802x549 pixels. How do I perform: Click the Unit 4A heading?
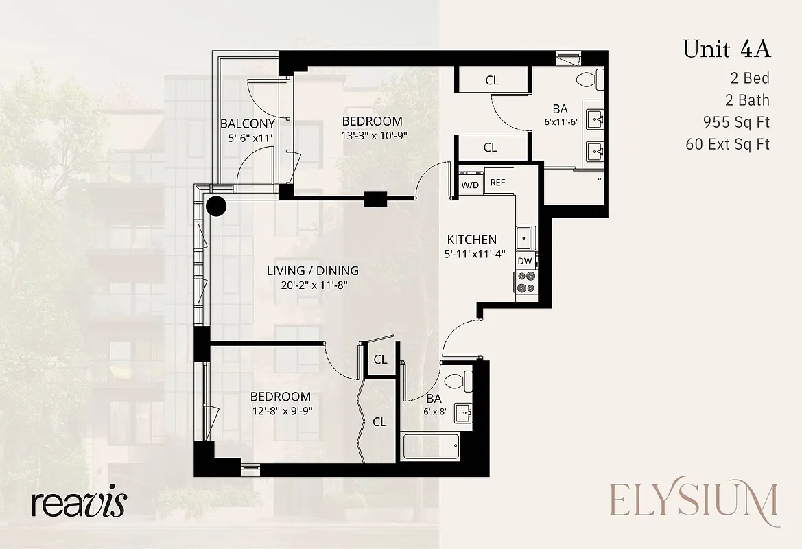726,49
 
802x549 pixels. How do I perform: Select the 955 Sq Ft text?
736,123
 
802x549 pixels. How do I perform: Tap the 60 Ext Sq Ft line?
727,144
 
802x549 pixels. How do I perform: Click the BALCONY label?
248,124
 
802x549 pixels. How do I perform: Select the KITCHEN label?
471,240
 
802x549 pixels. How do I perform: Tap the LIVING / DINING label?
312,271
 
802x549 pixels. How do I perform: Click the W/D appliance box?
470,185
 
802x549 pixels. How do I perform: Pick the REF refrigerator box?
497,183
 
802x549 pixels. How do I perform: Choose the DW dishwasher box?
525,261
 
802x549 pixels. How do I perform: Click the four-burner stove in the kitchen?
526,281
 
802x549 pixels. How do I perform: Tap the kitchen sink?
526,238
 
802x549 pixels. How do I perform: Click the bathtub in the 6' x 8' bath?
431,447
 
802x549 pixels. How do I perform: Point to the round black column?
216,205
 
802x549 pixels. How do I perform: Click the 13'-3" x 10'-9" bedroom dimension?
374,135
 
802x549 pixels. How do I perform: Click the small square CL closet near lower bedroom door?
380,360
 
